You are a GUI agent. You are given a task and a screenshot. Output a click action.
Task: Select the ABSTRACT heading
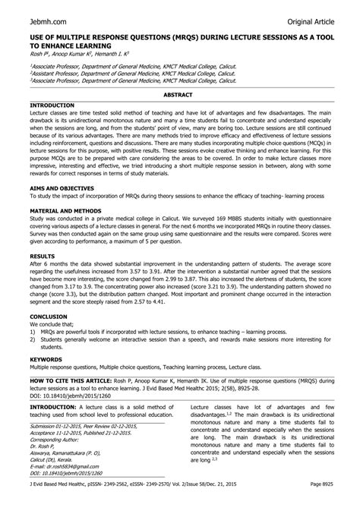pos(180,93)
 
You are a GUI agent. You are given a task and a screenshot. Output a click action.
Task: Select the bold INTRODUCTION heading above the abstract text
pos(52,103)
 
